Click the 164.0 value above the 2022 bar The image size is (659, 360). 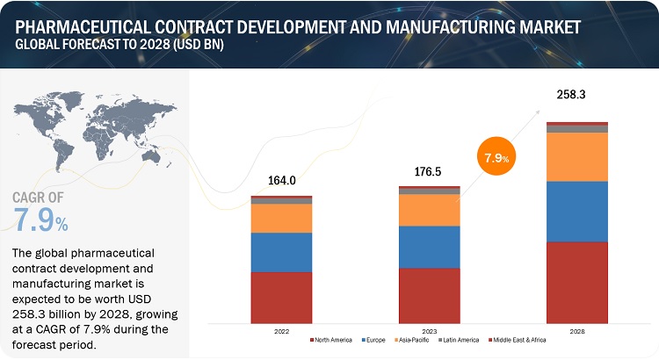pos(281,181)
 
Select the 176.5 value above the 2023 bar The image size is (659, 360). pos(430,172)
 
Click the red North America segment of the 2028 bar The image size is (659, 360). pos(577,282)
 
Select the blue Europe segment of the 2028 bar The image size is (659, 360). pos(577,211)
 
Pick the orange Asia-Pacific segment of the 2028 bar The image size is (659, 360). pos(577,156)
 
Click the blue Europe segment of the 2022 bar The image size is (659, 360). pos(281,252)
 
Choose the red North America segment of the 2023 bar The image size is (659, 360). pos(430,295)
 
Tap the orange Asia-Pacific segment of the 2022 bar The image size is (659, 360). pos(281,218)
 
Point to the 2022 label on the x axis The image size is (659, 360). pos(281,331)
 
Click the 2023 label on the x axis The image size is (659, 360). pos(430,331)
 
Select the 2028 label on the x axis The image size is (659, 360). pos(577,331)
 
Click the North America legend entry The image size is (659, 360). pos(331,340)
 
